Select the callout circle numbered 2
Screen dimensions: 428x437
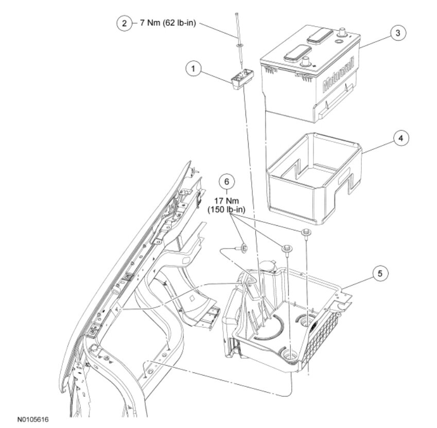pos(123,24)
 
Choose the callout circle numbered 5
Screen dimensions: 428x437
pos(379,274)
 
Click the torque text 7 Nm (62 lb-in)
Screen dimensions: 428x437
pos(168,24)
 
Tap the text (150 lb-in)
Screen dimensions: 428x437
pos(226,209)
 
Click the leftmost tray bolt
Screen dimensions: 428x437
pos(242,248)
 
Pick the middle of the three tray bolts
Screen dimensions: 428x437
pos(286,249)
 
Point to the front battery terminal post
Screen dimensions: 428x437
pos(307,62)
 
